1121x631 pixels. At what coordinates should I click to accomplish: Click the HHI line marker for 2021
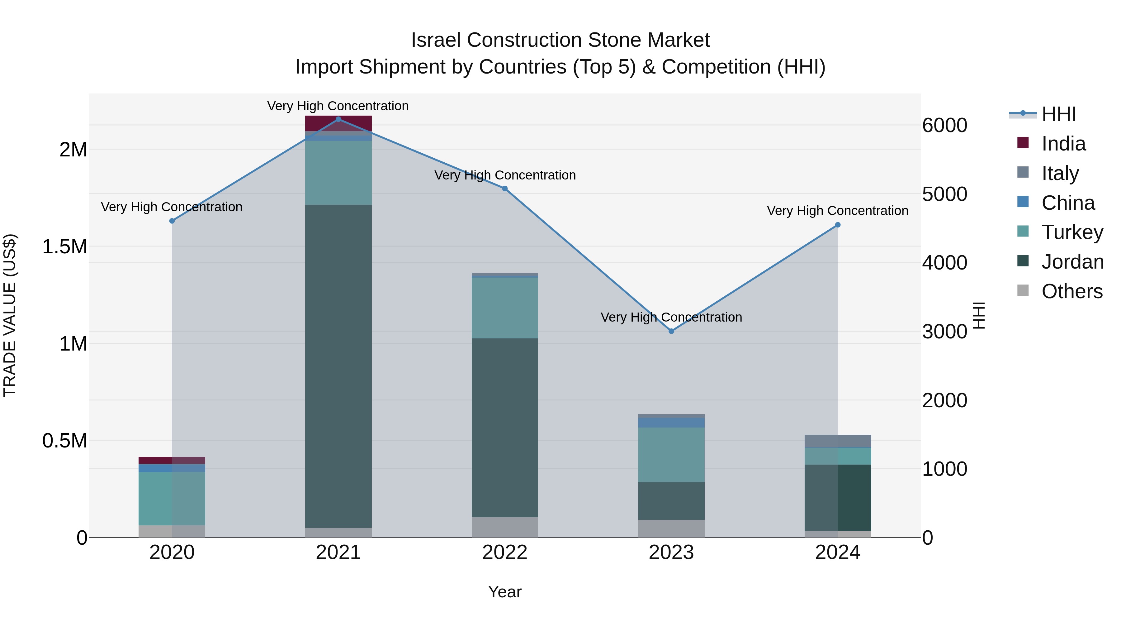[338, 119]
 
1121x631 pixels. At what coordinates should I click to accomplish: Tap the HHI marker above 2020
[172, 221]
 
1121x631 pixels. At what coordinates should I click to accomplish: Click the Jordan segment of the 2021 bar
[338, 366]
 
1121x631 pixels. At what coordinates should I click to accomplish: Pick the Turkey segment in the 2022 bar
[505, 308]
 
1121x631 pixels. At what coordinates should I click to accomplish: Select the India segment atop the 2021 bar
[338, 123]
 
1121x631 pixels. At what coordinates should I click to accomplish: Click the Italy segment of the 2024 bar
[837, 441]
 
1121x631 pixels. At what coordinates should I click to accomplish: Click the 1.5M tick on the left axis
[64, 246]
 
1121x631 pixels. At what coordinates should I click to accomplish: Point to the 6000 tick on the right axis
[944, 125]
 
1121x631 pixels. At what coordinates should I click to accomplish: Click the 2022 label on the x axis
[505, 552]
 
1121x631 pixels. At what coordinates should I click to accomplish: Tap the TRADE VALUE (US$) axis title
[10, 315]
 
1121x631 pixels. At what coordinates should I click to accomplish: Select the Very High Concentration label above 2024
[837, 211]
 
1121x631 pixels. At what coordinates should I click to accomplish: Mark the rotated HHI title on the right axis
[979, 315]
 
